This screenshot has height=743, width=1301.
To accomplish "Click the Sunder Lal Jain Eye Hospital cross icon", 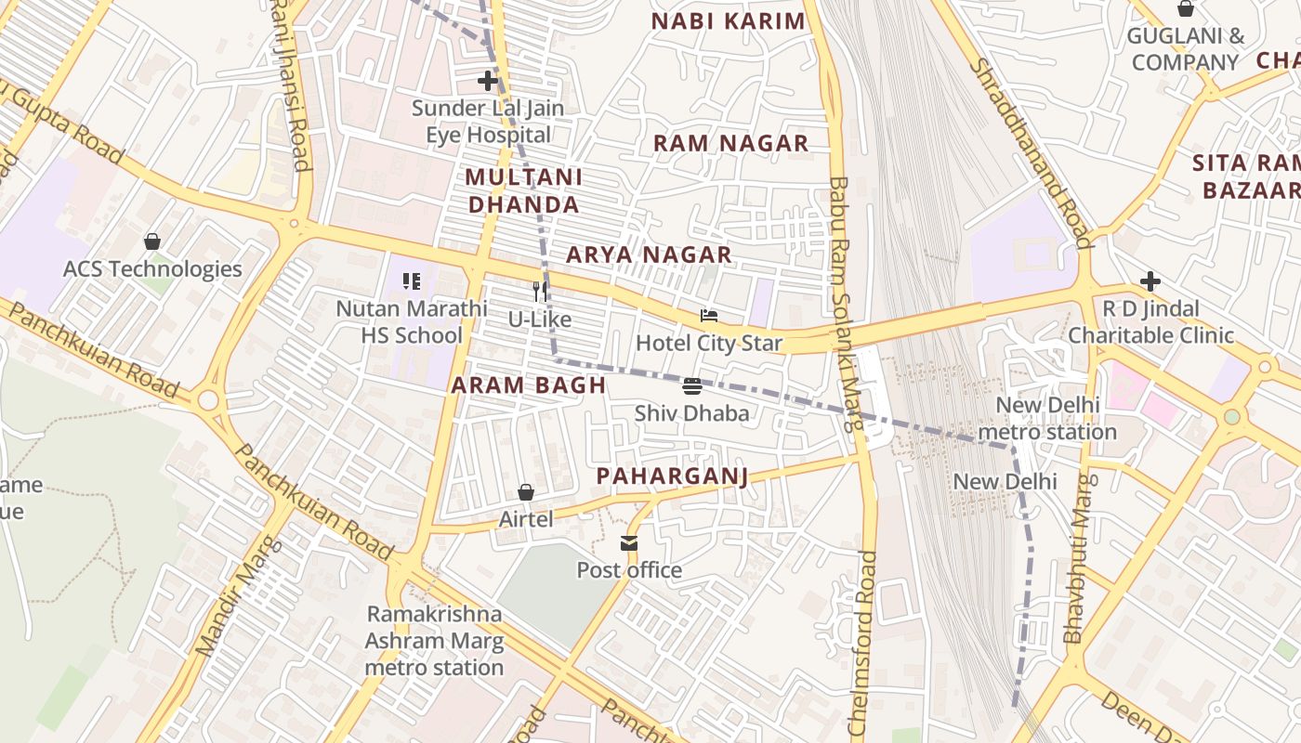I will point(488,81).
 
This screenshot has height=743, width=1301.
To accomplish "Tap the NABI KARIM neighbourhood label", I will point(728,21).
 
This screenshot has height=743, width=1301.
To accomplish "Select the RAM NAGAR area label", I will point(730,143).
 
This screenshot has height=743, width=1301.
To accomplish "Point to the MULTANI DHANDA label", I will point(524,190).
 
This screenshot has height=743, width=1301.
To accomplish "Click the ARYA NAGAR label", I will point(649,254).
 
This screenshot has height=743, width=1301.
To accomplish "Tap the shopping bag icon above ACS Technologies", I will point(152,241).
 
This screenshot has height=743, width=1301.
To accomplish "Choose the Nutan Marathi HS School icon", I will point(412,280).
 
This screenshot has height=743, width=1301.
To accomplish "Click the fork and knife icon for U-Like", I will point(539,292).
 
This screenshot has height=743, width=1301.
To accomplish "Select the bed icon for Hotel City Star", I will point(709,317).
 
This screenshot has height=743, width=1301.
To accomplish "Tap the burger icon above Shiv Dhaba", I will point(691,386).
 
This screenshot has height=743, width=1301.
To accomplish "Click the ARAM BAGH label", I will point(528,385).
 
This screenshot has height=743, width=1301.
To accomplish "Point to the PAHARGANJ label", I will point(672,476).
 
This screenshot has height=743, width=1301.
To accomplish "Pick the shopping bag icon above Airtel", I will point(526,492).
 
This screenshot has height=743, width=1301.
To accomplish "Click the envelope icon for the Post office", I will point(629,543).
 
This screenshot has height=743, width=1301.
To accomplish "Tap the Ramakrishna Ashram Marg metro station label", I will point(434,641).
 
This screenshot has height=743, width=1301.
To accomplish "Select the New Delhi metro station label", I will point(1047,419).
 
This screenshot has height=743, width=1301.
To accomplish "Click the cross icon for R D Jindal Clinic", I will point(1150,281).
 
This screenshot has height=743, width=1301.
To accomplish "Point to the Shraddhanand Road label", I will point(1030,153).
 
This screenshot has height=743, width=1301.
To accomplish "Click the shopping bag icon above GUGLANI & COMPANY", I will point(1186,9).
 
